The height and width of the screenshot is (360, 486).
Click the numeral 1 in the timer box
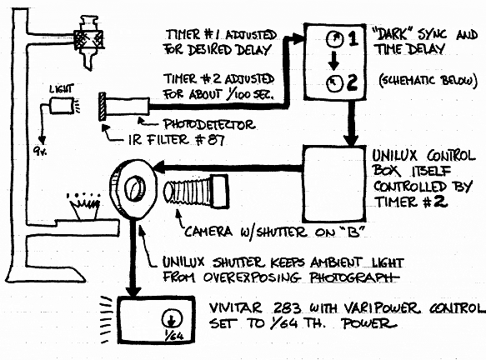pyautogui.click(x=353, y=38)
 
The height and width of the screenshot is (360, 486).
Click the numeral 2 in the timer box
pyautogui.click(x=353, y=82)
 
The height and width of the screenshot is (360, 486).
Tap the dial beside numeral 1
pyautogui.click(x=335, y=39)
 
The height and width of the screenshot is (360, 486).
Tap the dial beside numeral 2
pyautogui.click(x=335, y=83)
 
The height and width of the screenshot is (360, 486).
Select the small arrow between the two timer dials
pyautogui.click(x=333, y=61)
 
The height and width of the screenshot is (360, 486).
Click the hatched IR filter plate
pyautogui.click(x=103, y=107)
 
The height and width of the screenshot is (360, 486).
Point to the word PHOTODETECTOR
pyautogui.click(x=209, y=124)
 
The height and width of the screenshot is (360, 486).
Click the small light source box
pyautogui.click(x=62, y=105)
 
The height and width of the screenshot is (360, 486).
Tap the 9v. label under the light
pyautogui.click(x=40, y=151)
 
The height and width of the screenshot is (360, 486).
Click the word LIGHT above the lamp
pyautogui.click(x=62, y=89)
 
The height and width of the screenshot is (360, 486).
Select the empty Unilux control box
pyautogui.click(x=333, y=184)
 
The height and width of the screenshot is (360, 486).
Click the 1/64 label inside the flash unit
pyautogui.click(x=176, y=336)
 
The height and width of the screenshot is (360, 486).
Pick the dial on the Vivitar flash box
pyautogui.click(x=172, y=318)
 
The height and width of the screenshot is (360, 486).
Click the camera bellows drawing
pyautogui.click(x=196, y=192)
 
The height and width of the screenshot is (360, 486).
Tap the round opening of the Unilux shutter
pyautogui.click(x=135, y=188)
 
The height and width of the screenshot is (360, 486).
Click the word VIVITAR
pyautogui.click(x=236, y=308)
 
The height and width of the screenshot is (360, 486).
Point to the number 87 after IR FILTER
pyautogui.click(x=217, y=140)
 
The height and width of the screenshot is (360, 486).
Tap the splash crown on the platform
pyautogui.click(x=85, y=206)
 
